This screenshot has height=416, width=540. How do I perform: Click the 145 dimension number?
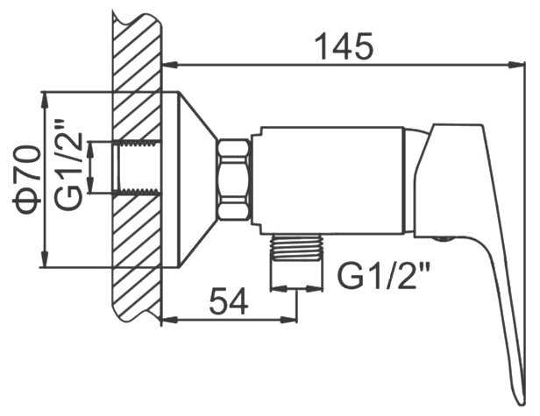tap(345, 46)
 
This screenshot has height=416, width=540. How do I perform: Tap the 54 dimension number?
tap(229, 301)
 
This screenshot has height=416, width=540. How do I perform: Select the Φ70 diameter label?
tap(27, 180)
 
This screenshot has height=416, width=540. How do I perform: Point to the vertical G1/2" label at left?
tap(69, 165)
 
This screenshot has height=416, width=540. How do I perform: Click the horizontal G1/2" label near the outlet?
tap(383, 275)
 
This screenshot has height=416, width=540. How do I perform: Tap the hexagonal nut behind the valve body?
tap(234, 179)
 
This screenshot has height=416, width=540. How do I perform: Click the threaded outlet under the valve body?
tap(297, 248)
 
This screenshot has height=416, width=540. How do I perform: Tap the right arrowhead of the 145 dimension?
tap(516, 65)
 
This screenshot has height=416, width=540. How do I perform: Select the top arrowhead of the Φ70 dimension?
tap(45, 101)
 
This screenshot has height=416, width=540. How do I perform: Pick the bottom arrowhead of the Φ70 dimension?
tap(45, 258)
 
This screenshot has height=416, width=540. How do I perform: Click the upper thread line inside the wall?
tap(137, 143)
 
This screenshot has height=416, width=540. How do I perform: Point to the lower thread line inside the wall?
tap(137, 192)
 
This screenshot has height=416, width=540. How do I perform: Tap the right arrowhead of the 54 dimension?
tap(288, 320)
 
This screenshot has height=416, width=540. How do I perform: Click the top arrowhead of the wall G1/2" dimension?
tap(90, 150)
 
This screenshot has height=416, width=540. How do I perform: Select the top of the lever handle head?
tap(457, 124)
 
